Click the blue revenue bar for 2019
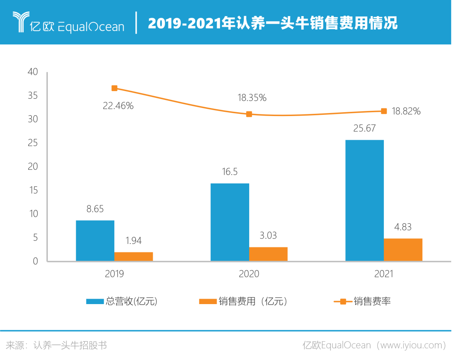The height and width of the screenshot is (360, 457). [95, 240]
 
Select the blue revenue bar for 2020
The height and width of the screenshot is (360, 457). [230, 222]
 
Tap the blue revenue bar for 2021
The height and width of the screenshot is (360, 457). [364, 200]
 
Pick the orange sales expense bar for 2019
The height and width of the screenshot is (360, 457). [134, 256]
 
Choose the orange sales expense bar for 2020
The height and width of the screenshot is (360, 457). [268, 254]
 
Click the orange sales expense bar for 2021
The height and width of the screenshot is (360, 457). [403, 249]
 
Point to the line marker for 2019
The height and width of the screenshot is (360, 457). [114, 88]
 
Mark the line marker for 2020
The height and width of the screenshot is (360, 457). [249, 114]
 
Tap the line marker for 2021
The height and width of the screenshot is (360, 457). [384, 111]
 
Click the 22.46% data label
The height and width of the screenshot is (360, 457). [118, 106]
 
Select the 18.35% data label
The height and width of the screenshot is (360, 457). [252, 98]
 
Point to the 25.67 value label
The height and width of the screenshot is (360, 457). [364, 128]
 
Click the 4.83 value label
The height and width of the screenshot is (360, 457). [403, 227]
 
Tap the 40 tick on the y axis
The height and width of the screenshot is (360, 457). [33, 72]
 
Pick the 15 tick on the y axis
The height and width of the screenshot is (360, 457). [33, 190]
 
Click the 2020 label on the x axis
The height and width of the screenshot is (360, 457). [249, 274]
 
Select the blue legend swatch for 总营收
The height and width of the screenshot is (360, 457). [95, 302]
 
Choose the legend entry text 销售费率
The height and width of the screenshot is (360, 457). [372, 302]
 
